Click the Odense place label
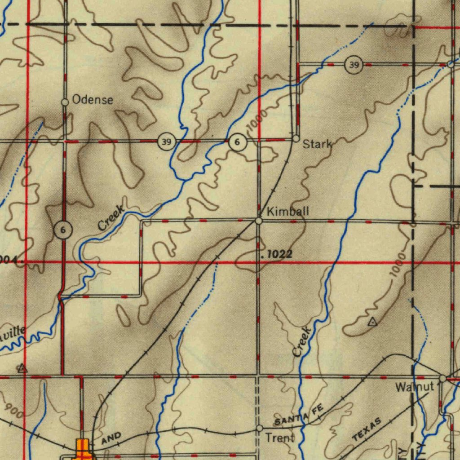click(93, 100)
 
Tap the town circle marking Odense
click(65, 102)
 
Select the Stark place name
click(317, 144)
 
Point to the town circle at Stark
click(296, 139)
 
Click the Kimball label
click(288, 211)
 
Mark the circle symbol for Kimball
click(259, 221)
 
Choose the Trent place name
click(280, 438)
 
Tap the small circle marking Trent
click(259, 429)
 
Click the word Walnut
click(415, 387)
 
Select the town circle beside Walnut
click(442, 379)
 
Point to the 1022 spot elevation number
click(280, 255)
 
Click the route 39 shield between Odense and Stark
click(166, 142)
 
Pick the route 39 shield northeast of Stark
click(354, 66)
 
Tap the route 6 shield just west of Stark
click(237, 142)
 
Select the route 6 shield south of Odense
click(62, 230)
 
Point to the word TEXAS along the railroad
click(367, 429)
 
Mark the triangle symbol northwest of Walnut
click(372, 322)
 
